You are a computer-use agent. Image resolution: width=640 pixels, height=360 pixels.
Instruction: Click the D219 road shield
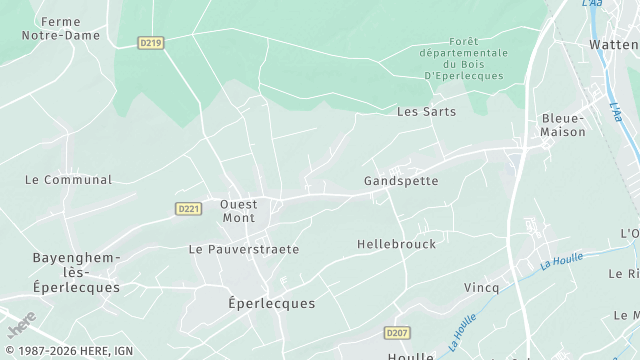point(150,42)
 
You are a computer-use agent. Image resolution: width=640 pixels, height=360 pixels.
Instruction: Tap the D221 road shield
point(187,208)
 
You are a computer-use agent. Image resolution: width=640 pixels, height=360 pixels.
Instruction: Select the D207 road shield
point(397,332)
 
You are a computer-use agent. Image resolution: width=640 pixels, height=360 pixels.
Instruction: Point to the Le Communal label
point(68,180)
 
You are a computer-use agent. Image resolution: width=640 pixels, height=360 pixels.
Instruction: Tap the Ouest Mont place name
point(239,211)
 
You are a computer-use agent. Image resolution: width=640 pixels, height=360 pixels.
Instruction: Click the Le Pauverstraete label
point(244,249)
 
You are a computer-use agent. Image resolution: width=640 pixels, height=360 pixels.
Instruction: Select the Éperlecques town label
point(271,303)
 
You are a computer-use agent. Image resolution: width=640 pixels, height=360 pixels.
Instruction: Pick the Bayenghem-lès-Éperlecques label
point(76,272)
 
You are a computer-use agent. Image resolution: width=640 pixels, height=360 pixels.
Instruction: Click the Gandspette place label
point(401,181)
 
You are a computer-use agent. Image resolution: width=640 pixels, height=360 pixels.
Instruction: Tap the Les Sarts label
point(426,111)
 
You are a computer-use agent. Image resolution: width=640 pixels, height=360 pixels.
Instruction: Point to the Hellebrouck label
point(396,244)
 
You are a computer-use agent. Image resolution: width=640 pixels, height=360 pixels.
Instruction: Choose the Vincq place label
point(481,287)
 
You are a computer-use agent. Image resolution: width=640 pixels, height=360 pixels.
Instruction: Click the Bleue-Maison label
point(563,124)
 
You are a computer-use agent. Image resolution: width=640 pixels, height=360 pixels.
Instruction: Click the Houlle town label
point(411,354)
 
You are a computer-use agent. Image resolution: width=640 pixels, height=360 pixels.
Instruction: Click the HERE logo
point(20,325)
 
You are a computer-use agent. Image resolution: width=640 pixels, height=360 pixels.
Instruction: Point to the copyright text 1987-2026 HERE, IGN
point(69,351)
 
